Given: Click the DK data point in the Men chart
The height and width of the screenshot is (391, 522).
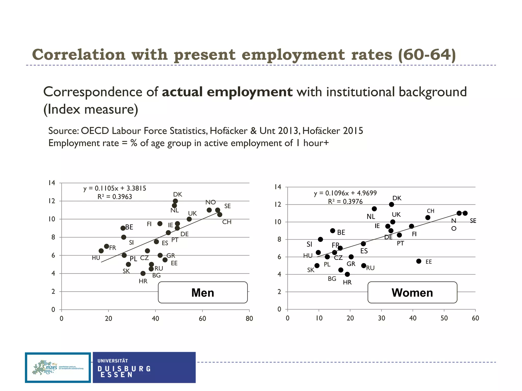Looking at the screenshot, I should coord(175,201).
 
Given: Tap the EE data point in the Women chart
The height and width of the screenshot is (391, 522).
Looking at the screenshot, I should coord(419,261).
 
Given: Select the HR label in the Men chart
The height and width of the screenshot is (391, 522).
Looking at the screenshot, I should coord(143,281).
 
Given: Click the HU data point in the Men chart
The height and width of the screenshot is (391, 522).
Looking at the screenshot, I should coord(101,251).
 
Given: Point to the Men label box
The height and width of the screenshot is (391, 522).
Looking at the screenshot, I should coord(203,292).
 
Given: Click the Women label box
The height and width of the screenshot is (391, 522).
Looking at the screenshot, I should coord(412,292).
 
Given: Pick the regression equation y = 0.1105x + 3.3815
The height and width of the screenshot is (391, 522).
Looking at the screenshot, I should coord(115,188).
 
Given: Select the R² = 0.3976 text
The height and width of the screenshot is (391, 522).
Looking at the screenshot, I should coord(345,202).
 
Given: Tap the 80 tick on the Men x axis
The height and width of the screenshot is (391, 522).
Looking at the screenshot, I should coord(249,318).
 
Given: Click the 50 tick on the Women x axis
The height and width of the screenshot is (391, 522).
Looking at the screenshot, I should coord(444,318).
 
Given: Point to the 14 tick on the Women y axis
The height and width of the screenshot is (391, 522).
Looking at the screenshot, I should coord(278,187).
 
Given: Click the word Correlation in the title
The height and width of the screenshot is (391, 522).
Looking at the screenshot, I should coord(79,55).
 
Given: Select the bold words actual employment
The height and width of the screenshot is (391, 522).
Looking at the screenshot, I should coord(227,92).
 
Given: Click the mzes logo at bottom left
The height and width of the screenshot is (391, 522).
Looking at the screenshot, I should coord(58,368).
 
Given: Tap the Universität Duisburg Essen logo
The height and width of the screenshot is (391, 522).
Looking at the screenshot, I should coord(144,368).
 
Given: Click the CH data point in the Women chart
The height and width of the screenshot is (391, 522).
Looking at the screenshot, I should coord(428,218).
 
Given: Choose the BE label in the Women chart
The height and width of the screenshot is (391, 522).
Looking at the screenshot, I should coord(341,232).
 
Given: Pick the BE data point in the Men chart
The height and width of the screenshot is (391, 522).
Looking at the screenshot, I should coord(123,228).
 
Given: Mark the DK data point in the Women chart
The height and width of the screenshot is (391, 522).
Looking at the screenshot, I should coord(391,204).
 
